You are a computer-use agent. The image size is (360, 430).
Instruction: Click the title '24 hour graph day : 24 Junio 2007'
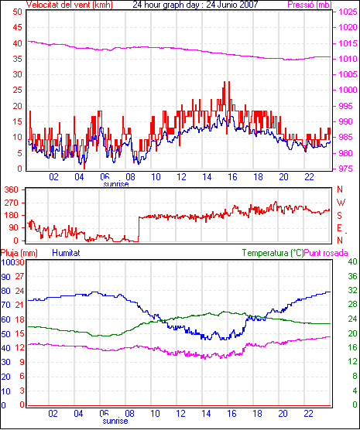tap(195, 5)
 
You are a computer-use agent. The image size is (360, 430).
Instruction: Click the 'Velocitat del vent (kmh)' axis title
tap(70, 5)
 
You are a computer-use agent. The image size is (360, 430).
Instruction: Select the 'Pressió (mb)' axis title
tap(310, 5)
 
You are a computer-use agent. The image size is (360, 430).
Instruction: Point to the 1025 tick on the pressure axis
tap(348, 12)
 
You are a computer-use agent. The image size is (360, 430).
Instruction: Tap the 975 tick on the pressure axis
tap(345, 169)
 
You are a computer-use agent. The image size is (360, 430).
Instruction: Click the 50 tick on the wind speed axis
tap(17, 12)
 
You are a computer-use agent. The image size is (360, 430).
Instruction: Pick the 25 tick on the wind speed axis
tap(17, 90)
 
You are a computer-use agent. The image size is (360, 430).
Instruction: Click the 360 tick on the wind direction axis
tap(12, 189)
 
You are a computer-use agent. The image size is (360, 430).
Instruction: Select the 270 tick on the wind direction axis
tap(12, 203)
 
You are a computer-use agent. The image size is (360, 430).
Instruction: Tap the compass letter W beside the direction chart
tap(341, 203)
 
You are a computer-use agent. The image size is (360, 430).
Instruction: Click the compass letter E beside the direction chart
tap(339, 228)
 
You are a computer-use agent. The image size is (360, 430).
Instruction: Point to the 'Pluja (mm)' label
tap(19, 253)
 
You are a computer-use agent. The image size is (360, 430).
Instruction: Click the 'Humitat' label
tap(66, 253)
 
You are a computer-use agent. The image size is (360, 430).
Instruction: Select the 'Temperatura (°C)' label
tap(273, 253)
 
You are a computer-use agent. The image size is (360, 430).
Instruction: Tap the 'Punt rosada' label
tap(326, 253)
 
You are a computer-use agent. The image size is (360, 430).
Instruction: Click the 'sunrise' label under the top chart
tap(116, 184)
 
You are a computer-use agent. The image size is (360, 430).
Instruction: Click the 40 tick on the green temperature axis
tap(352, 262)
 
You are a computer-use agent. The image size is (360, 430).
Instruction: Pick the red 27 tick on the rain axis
tap(19, 276)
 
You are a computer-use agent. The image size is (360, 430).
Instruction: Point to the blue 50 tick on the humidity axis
tap(5, 334)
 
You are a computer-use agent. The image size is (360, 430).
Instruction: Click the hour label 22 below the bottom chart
tap(309, 413)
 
